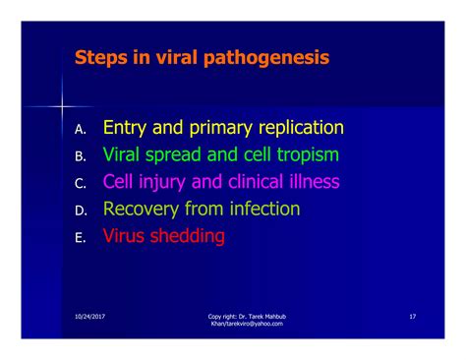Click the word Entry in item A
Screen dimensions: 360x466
point(125,128)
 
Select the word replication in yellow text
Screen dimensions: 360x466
point(302,128)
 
